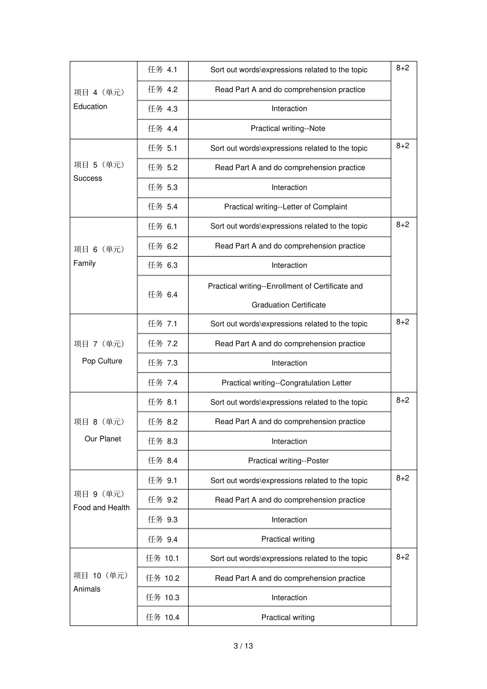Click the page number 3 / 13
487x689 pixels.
(x=243, y=645)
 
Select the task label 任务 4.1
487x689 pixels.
(x=163, y=70)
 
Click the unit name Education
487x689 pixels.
(x=90, y=107)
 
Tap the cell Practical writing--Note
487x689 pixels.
(x=288, y=129)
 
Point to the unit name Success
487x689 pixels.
(x=88, y=178)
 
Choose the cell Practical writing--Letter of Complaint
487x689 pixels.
(x=286, y=207)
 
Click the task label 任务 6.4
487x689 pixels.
(x=163, y=295)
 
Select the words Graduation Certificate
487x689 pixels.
(x=289, y=305)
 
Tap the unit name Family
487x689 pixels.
(x=85, y=263)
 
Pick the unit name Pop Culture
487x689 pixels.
(x=102, y=361)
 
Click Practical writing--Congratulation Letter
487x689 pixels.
(x=287, y=383)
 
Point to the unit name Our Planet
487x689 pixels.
(x=103, y=439)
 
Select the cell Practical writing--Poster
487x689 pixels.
(x=288, y=461)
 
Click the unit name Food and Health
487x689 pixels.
(x=102, y=508)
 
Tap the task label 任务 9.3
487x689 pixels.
(x=163, y=519)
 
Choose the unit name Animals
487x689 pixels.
(x=87, y=589)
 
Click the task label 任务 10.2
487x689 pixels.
(x=163, y=578)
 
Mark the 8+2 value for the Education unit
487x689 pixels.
(x=402, y=68)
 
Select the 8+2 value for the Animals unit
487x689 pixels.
(x=402, y=557)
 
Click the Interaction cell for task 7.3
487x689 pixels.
(x=289, y=363)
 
